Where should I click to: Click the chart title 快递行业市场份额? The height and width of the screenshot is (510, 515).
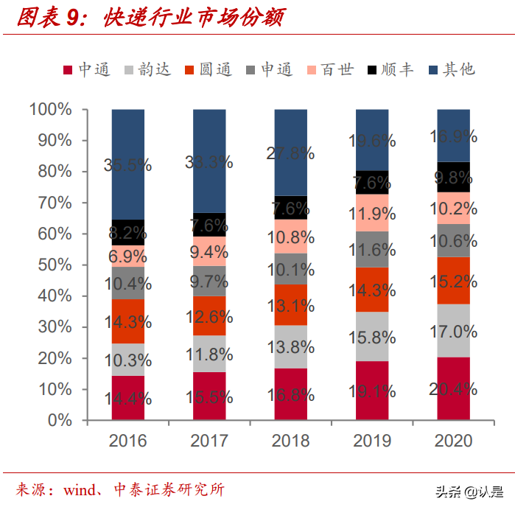coord(195,16)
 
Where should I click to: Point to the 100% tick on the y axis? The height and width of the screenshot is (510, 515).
coord(51,109)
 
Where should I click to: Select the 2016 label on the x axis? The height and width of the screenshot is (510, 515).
coord(128,441)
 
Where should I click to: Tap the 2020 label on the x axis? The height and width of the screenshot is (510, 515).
coord(453,441)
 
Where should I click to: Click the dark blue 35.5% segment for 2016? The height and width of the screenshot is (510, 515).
coord(128,164)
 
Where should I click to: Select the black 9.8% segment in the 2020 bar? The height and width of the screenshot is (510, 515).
coord(453,177)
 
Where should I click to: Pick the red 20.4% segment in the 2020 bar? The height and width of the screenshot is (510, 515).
coord(453,388)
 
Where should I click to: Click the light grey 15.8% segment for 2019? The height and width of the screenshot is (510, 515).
coord(372,336)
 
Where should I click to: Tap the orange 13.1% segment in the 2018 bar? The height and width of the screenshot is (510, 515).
coord(290,304)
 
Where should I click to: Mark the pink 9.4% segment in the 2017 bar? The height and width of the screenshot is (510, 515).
coord(209,251)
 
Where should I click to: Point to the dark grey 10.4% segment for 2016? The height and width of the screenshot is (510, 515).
coord(128,283)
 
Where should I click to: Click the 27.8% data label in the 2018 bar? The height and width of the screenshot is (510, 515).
coord(290,153)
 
